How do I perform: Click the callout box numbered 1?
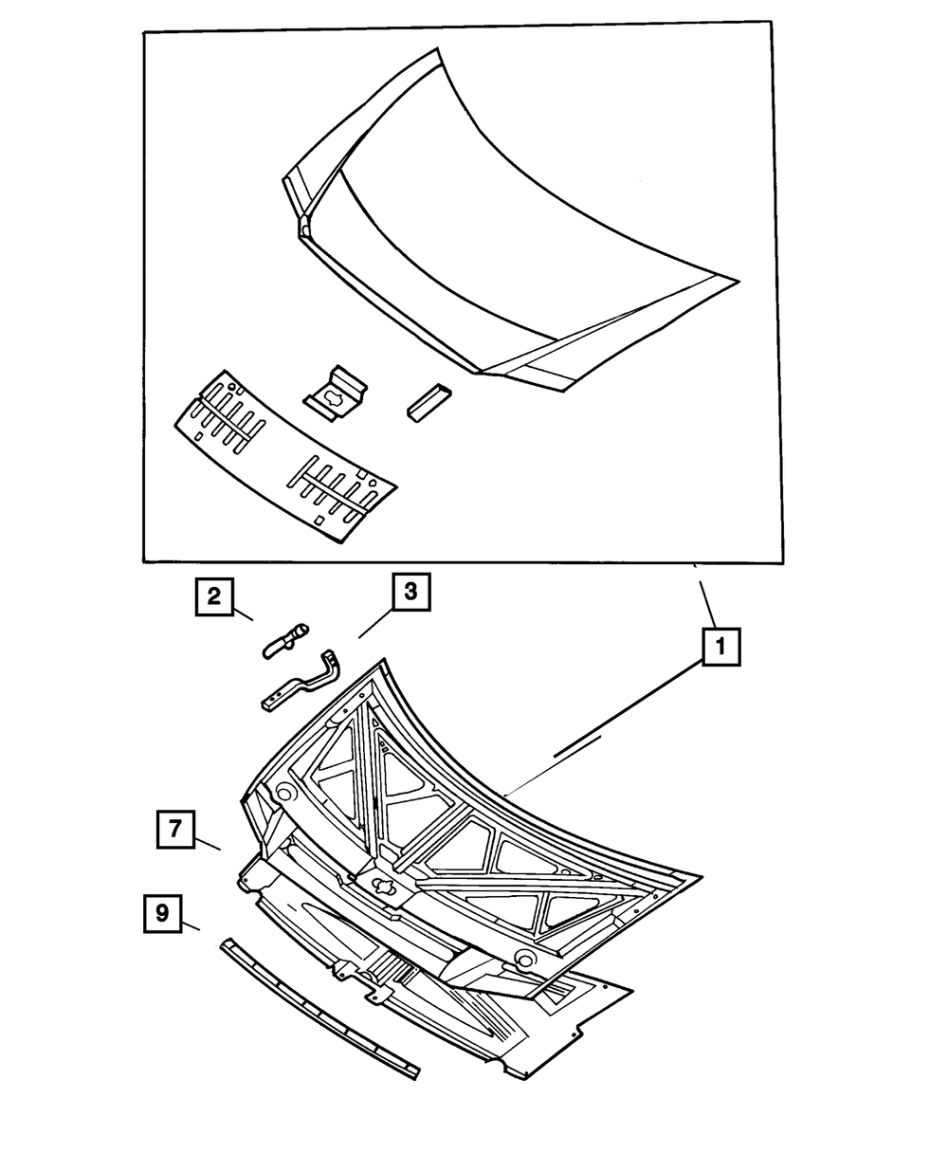pos(720,649)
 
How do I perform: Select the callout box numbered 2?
pos(214,596)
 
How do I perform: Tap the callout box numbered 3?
pos(410,593)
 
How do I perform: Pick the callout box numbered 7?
pos(175,828)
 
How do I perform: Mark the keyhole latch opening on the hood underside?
pos(384,888)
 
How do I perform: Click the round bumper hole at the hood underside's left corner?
pos(283,791)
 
